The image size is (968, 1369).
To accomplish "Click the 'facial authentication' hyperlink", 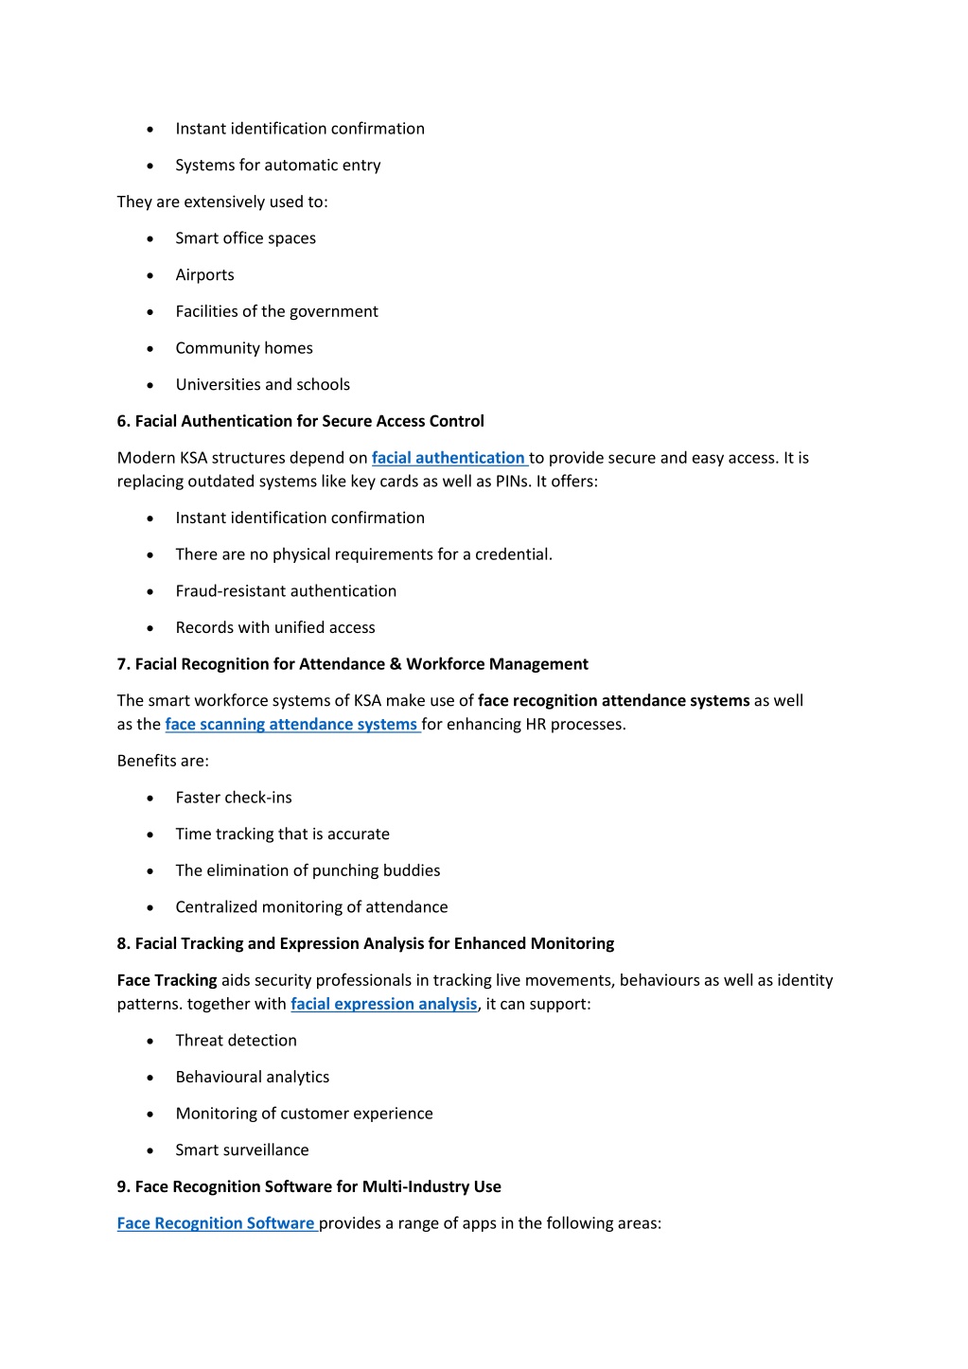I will point(448,458).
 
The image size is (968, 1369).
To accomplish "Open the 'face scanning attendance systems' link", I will point(291,725).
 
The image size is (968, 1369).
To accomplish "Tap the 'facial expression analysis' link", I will point(383,1004).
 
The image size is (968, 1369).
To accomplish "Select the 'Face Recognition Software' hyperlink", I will point(216,1223).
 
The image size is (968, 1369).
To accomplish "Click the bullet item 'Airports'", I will point(204,275).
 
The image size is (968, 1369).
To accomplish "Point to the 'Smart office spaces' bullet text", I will point(245,238).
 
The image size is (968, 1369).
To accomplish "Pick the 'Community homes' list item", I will point(244,348).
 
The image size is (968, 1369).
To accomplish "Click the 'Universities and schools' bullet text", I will point(262,385).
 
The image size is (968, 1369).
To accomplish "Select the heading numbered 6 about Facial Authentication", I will point(300,421).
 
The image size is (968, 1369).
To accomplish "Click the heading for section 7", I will point(352,664).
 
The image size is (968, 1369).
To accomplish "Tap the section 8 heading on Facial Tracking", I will point(365,943).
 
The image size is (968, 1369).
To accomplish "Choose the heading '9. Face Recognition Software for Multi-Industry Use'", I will point(308,1186).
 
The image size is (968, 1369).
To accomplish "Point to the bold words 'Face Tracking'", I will point(167,980).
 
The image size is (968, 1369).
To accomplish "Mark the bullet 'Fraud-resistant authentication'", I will point(286,591).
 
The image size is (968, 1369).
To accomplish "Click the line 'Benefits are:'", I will point(163,761).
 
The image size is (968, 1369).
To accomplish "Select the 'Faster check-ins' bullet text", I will point(234,798).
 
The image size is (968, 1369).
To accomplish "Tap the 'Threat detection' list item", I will point(236,1041).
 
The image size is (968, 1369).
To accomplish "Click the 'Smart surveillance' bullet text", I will point(242,1150).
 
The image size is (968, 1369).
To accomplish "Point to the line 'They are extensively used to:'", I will point(222,202).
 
